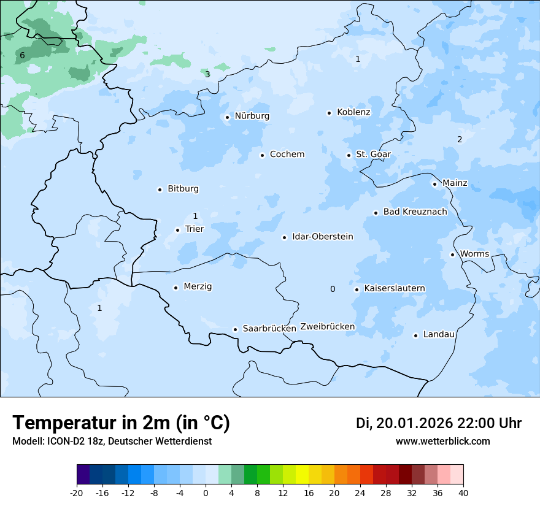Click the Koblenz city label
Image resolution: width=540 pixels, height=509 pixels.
click(x=353, y=112)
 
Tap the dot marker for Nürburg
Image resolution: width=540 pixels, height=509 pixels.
click(x=227, y=117)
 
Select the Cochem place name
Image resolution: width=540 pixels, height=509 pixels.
click(x=287, y=155)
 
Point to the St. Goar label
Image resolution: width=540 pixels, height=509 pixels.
click(x=373, y=155)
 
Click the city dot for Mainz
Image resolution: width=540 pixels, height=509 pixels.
click(x=434, y=184)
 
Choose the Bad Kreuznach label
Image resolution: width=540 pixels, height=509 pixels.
click(x=415, y=212)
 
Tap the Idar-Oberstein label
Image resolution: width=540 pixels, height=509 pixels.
click(x=322, y=237)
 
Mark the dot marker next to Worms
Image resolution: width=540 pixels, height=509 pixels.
click(x=452, y=255)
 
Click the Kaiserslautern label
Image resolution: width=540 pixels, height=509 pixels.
click(x=394, y=289)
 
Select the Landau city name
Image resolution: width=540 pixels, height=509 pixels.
click(x=439, y=335)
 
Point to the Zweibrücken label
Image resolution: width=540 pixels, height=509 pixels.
click(x=327, y=327)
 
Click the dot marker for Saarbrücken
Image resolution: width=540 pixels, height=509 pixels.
click(x=235, y=329)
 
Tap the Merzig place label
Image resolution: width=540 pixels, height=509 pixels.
click(x=198, y=287)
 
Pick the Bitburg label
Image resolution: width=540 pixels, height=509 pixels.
click(x=183, y=189)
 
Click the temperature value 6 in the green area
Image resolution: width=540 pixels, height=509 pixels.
click(x=22, y=56)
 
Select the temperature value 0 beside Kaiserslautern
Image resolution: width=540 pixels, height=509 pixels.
click(x=333, y=289)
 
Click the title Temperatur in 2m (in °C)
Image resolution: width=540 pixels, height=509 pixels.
click(x=121, y=423)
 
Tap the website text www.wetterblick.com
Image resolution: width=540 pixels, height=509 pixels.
click(x=442, y=442)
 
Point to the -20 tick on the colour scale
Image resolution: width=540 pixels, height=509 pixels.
click(x=77, y=492)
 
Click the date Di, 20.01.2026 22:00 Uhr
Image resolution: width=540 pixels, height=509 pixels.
click(x=438, y=423)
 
